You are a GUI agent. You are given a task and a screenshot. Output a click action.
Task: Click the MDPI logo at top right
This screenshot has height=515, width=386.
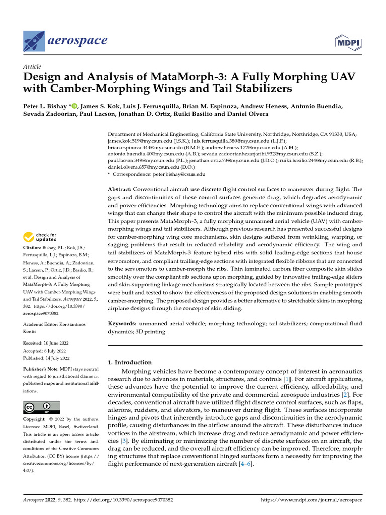[x=348, y=41]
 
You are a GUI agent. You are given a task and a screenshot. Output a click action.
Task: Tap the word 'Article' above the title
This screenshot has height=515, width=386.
[x=32, y=67]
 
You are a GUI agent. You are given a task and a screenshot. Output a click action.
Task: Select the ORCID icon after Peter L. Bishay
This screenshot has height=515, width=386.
[x=75, y=106]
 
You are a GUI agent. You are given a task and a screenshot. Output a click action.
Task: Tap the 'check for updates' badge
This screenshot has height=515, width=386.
[x=38, y=236]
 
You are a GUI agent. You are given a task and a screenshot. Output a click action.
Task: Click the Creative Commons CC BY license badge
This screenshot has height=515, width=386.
[x=42, y=407]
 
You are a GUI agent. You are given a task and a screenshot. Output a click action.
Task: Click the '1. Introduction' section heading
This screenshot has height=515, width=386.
[x=130, y=362]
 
